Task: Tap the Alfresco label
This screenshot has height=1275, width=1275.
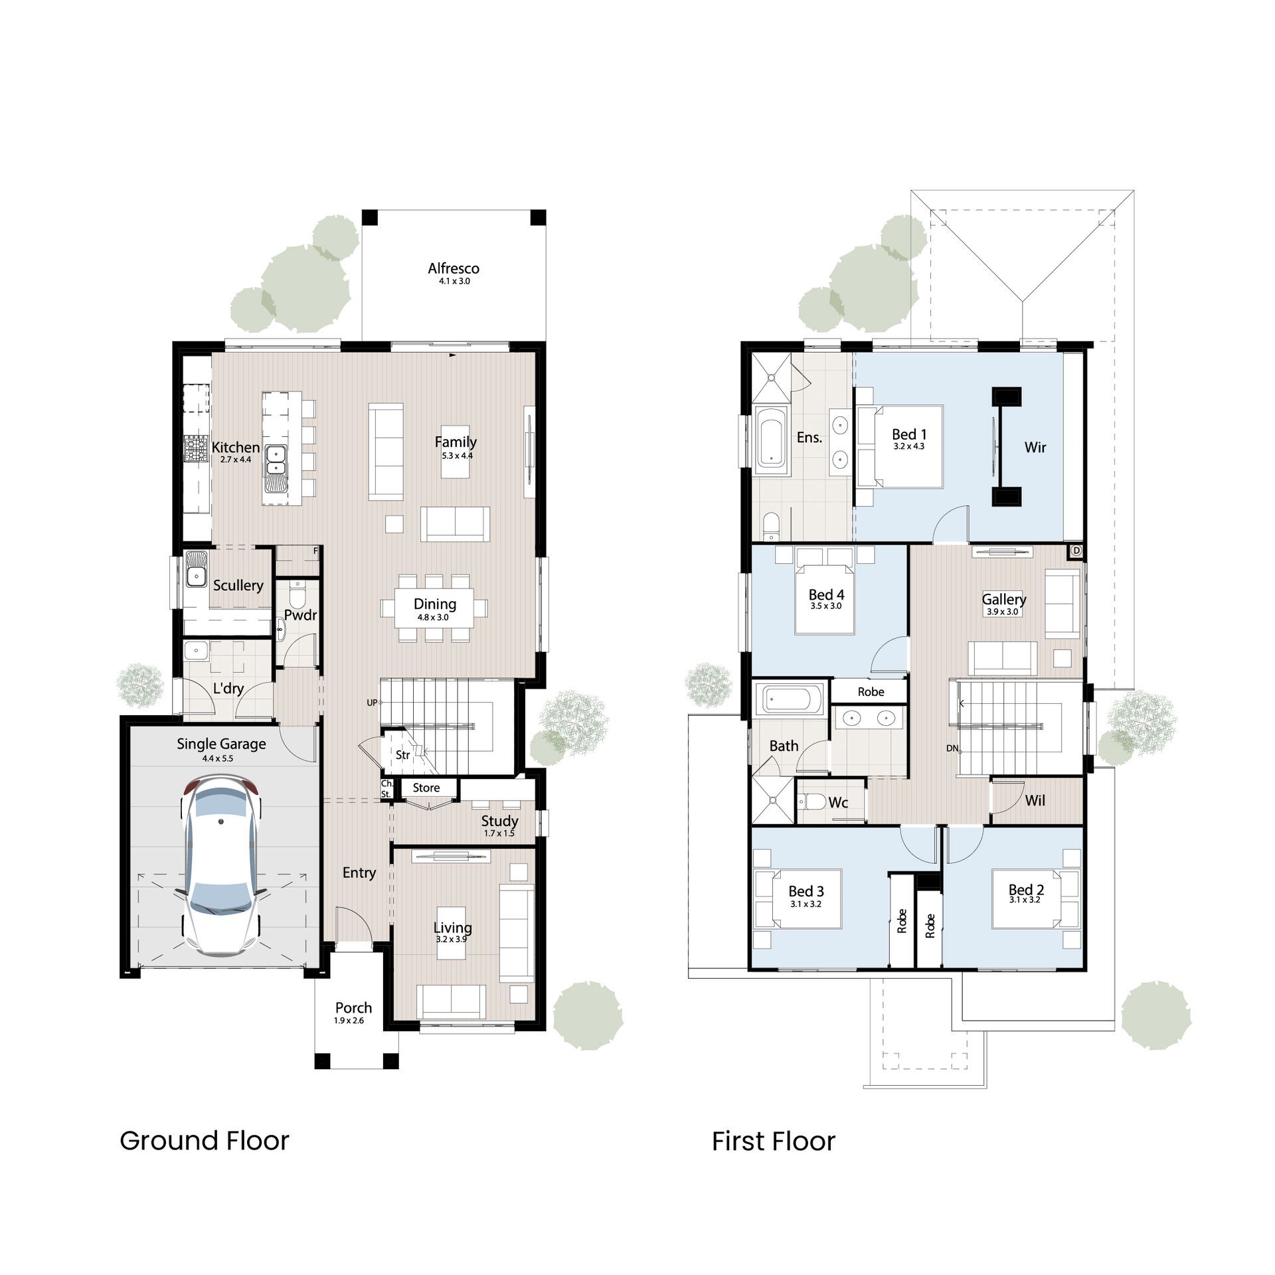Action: [454, 268]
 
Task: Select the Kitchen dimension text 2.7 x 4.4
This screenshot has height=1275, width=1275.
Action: [236, 460]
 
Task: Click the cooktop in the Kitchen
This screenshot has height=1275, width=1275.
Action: [196, 448]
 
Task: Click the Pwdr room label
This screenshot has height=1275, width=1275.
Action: [300, 615]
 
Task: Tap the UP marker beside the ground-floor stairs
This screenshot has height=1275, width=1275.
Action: [372, 703]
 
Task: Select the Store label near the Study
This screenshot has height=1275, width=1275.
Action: [426, 788]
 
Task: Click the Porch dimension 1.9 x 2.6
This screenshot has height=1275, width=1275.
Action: [349, 1021]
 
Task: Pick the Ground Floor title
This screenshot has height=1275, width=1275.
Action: [205, 1141]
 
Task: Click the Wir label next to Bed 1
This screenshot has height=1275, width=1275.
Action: [1035, 448]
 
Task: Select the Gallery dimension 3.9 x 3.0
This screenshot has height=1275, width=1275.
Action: [1002, 612]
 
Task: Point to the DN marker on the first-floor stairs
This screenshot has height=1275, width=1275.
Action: [952, 748]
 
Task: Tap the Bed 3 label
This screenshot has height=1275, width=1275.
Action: [806, 891]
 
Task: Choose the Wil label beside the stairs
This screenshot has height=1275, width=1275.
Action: [1035, 801]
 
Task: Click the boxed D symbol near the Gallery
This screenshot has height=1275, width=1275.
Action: [1076, 551]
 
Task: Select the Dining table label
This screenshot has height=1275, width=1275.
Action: [435, 604]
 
